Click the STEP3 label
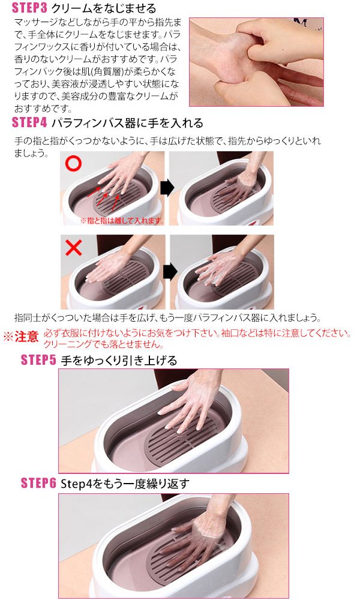(30, 8)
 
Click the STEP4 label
(30, 123)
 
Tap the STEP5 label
(39, 360)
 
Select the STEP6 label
(39, 483)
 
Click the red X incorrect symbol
(73, 248)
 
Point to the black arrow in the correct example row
(167, 188)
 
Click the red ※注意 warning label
(21, 337)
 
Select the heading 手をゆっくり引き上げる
(119, 360)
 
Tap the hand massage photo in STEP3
(256, 62)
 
